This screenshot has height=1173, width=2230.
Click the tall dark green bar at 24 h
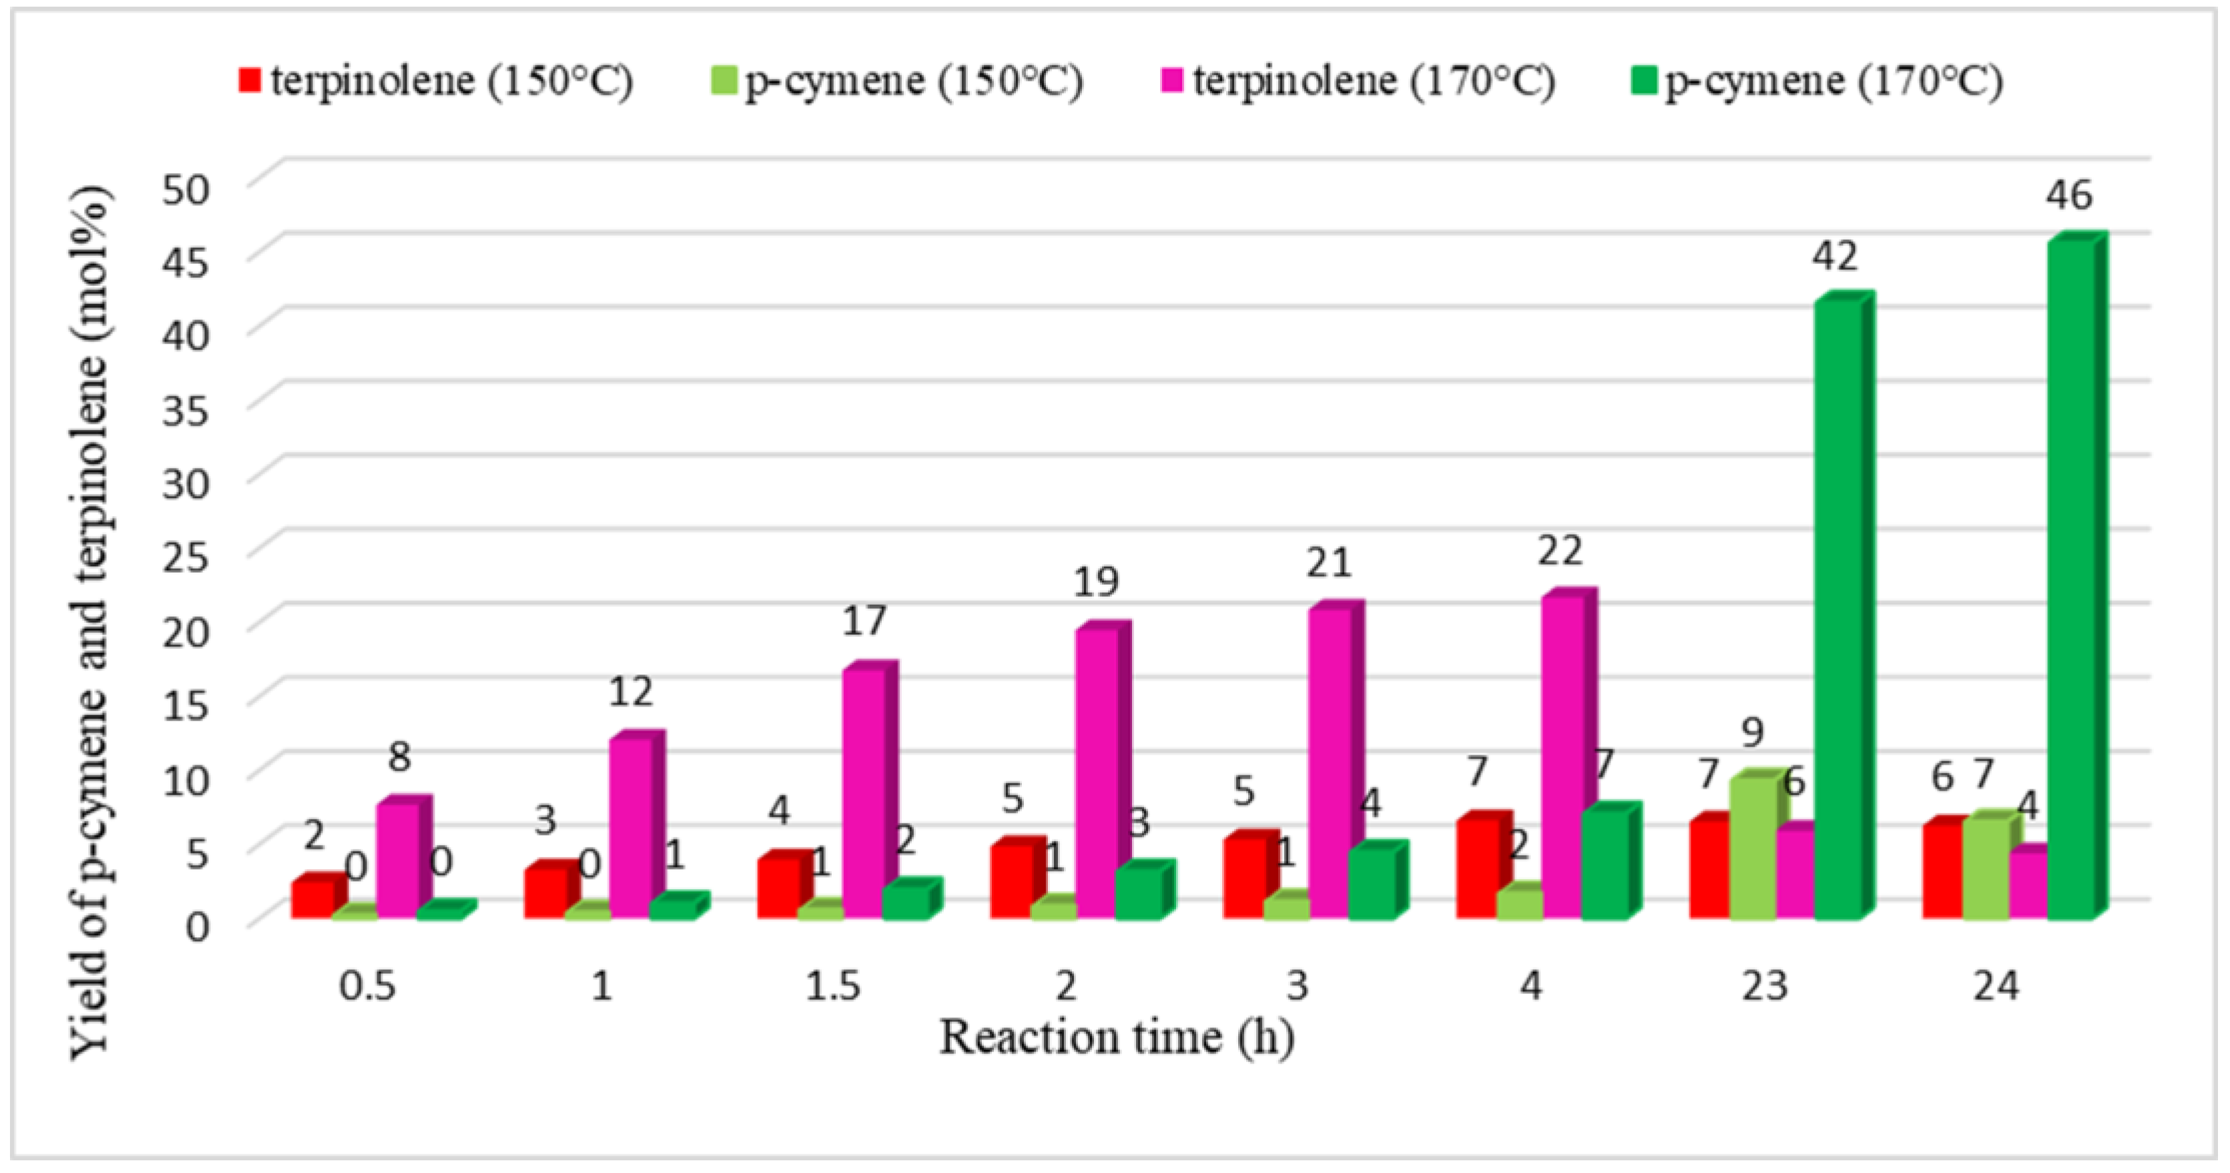tap(2070, 580)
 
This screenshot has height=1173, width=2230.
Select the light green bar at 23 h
tap(1753, 848)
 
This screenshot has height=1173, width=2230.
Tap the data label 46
tap(2070, 195)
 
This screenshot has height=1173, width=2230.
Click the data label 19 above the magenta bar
tap(1096, 582)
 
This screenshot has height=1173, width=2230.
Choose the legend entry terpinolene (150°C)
tap(450, 81)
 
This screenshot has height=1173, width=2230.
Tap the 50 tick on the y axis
tap(186, 189)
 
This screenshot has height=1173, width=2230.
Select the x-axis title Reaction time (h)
tap(1117, 1037)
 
